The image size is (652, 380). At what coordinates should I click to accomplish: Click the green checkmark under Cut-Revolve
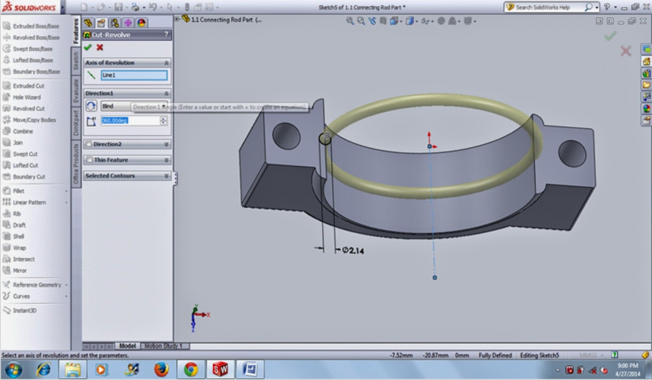coord(88,48)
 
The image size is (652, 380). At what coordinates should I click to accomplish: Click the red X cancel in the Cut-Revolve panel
coord(100,48)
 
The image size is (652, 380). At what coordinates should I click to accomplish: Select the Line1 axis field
coord(134,75)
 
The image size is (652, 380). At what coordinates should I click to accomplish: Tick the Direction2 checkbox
coord(89,144)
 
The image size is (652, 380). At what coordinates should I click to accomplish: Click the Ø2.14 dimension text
coord(353,250)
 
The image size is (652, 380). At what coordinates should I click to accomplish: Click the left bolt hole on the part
coord(286,136)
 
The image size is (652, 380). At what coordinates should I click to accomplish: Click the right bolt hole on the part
coord(572,153)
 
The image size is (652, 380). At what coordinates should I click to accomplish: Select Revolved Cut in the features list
coord(29,109)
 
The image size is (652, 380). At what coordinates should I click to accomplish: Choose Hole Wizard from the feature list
coord(26,97)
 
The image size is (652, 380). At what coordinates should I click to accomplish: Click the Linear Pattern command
coord(29,202)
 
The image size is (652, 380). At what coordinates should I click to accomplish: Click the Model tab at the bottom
coord(127,346)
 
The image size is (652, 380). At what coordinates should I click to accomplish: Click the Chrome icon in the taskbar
coord(190,369)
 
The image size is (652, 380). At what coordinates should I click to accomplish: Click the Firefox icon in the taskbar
coord(161,369)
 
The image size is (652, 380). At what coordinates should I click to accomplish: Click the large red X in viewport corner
coord(626,51)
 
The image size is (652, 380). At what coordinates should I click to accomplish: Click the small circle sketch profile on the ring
coord(325,138)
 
